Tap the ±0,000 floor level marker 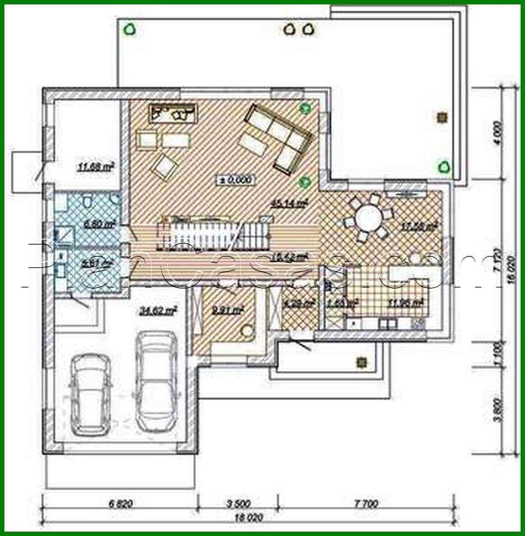click(x=236, y=180)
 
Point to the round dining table click(x=370, y=218)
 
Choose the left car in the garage click(x=90, y=393)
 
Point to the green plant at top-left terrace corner click(x=130, y=30)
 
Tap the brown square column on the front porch click(x=362, y=362)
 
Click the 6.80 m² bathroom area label click(x=100, y=224)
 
